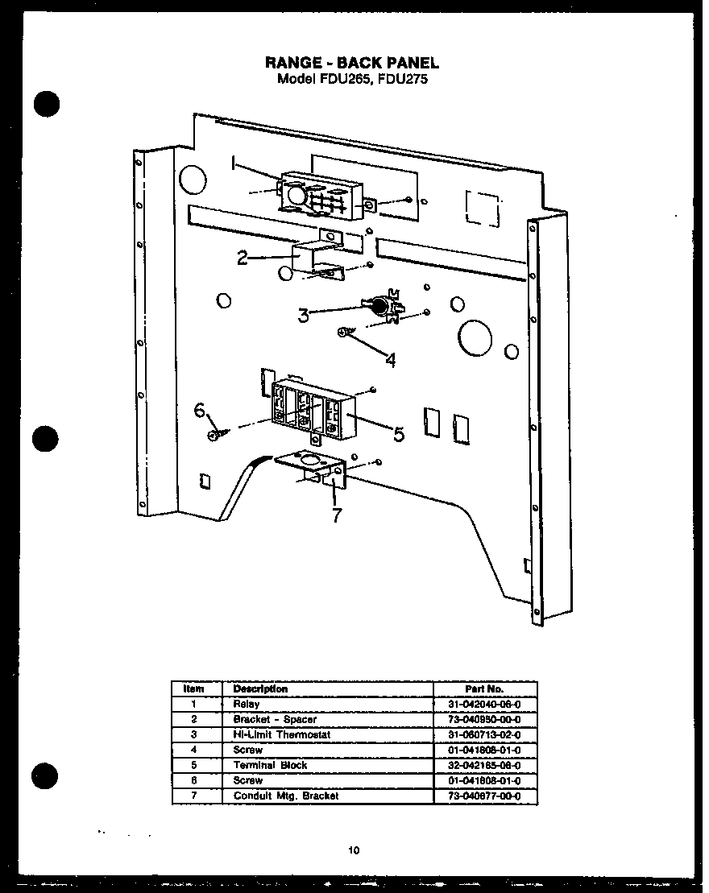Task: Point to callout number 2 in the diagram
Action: (243, 258)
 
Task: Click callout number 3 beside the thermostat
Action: (304, 316)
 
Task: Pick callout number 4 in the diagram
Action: (390, 360)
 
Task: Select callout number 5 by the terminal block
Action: (398, 435)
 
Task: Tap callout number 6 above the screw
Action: (200, 410)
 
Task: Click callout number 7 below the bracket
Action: (337, 516)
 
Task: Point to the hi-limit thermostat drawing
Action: (383, 305)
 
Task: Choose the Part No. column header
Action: (484, 688)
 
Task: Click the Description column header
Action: (260, 688)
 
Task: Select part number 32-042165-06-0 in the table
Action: (484, 765)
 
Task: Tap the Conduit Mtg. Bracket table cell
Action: (286, 796)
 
